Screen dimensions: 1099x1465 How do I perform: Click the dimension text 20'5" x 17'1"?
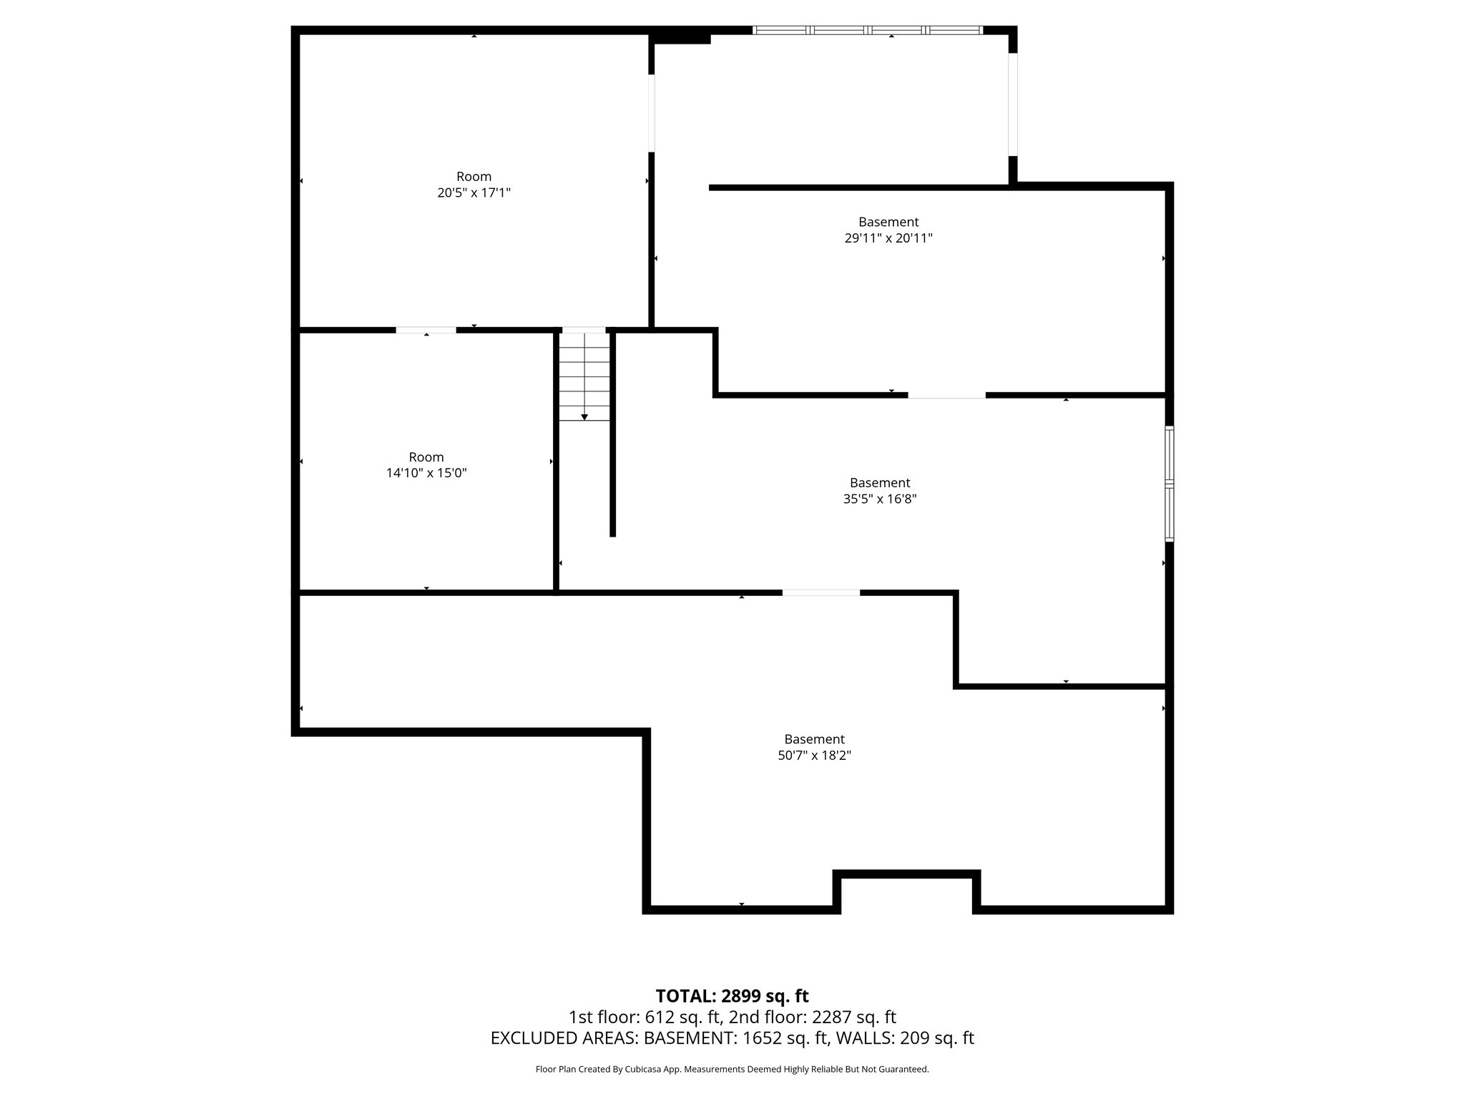click(474, 192)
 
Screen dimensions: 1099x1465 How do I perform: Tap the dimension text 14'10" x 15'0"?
click(426, 473)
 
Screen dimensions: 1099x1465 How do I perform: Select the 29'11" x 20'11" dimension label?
click(888, 238)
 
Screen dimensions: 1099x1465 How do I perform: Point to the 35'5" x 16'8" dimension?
click(880, 499)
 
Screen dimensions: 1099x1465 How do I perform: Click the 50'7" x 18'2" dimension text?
click(814, 755)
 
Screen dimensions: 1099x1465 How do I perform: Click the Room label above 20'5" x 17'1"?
click(474, 177)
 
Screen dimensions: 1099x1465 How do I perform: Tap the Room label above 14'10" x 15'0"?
click(426, 457)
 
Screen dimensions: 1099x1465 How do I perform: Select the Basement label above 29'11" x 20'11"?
click(888, 223)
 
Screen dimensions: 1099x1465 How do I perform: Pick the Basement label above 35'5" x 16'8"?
click(880, 483)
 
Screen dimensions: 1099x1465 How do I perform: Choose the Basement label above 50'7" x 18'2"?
click(814, 739)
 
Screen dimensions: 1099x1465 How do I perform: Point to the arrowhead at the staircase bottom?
click(584, 417)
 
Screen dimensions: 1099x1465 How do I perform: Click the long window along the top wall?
click(868, 30)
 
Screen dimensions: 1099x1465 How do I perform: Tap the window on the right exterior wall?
click(1170, 484)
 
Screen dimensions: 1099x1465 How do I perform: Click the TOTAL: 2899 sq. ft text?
click(732, 996)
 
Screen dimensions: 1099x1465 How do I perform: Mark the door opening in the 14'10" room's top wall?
click(426, 330)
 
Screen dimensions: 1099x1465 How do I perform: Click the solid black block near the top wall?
click(680, 36)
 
